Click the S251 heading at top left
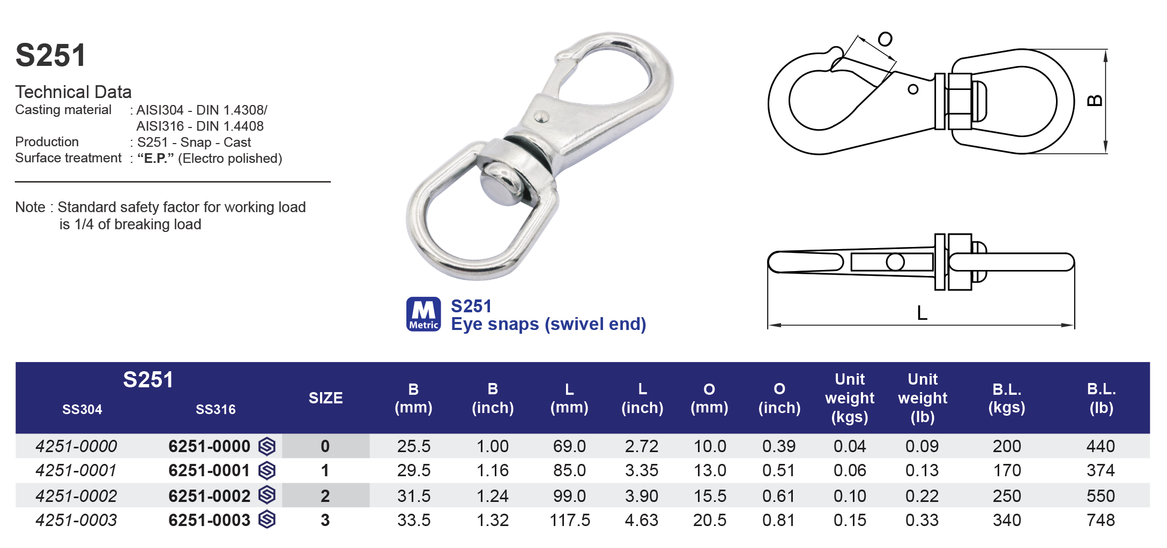pos(50,55)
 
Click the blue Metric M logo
pos(423,314)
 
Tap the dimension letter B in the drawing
pos(1094,101)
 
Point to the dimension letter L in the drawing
pos(921,312)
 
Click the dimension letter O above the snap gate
pos(885,39)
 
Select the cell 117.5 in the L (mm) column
pos(569,520)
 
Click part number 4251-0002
pos(76,496)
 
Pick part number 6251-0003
pos(209,520)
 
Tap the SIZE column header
pos(325,397)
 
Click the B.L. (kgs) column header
pos(1006,398)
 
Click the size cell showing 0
pos(325,446)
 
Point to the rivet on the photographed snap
pos(541,116)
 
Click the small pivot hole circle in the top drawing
pos(913,89)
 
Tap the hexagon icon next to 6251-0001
pos(267,470)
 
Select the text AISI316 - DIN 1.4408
pos(199,126)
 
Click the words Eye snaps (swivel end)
pos(548,324)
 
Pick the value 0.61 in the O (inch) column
pos(778,496)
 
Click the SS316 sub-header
pos(215,409)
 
